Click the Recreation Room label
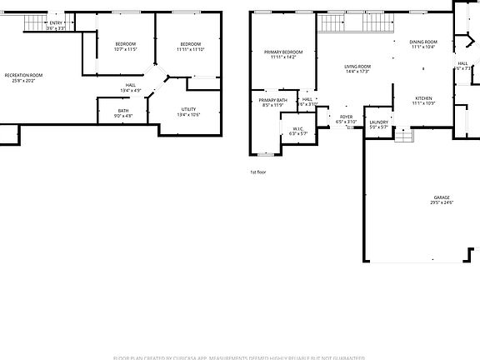coord(23,75)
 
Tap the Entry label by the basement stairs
coord(56,22)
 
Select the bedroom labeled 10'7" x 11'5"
coord(125,43)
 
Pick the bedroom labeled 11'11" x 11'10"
coord(191,43)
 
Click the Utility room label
coord(188,109)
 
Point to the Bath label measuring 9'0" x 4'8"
coord(122,111)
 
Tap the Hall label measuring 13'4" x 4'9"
coord(131,85)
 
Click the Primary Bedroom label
coord(283,52)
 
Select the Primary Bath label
coord(273,100)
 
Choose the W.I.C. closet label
coord(297,127)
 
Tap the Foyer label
coord(346,117)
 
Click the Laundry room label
coord(378,123)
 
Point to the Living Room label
coord(357,66)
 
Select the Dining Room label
coord(423,42)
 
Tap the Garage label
coord(441,197)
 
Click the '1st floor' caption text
coord(257,172)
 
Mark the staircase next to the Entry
coord(32,22)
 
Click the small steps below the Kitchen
coord(403,134)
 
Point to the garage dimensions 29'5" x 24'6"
coord(441,202)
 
